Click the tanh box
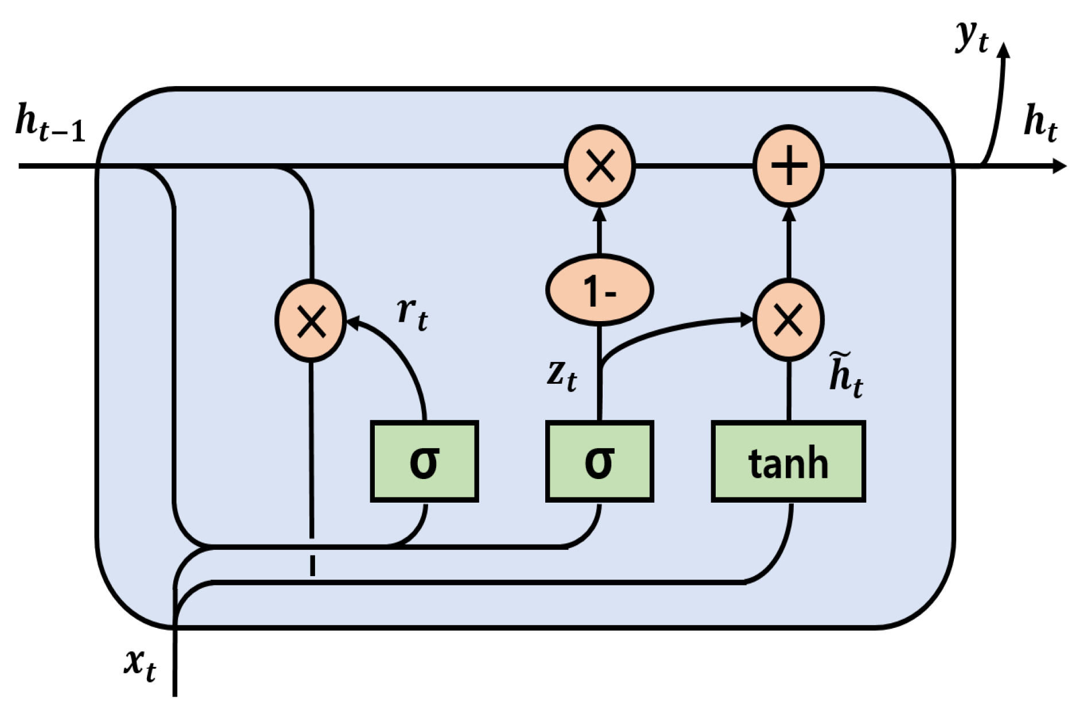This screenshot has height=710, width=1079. (x=787, y=461)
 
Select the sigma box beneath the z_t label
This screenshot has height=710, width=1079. (x=599, y=461)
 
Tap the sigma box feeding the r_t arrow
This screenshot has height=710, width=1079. (x=424, y=461)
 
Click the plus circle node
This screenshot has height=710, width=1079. (x=788, y=165)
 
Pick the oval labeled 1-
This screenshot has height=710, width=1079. (x=599, y=290)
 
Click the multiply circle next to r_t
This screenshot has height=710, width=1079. (x=310, y=321)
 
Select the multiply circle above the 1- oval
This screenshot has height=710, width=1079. (x=599, y=165)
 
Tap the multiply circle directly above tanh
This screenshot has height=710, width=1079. (x=788, y=320)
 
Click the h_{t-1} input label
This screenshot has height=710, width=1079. (x=51, y=122)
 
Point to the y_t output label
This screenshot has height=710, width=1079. (x=972, y=37)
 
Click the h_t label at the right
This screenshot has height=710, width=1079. (x=1040, y=122)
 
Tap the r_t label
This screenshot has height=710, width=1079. (x=412, y=313)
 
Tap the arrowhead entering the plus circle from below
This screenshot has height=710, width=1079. (x=789, y=214)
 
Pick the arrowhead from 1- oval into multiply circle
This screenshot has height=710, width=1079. (x=599, y=214)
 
